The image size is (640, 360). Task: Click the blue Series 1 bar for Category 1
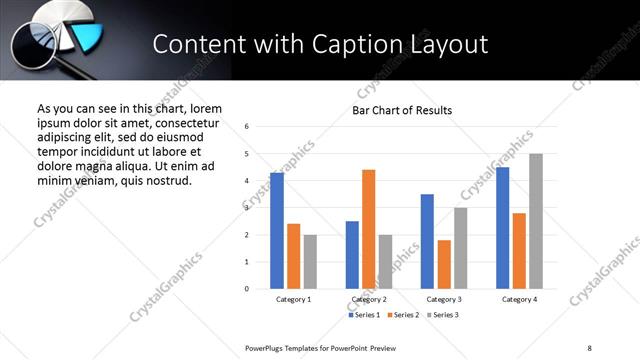click(277, 231)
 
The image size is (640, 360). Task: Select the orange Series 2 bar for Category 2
click(368, 229)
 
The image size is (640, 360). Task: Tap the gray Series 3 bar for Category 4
click(536, 221)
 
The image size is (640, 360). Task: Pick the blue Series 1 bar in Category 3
click(427, 241)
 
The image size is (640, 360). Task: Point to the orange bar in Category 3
click(444, 264)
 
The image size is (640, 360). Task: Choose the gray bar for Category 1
click(310, 262)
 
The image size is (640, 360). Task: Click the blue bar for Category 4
click(502, 228)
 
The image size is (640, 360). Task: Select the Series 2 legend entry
click(403, 315)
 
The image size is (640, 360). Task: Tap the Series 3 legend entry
click(441, 315)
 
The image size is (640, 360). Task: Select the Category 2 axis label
click(369, 299)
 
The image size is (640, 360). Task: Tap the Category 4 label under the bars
click(519, 299)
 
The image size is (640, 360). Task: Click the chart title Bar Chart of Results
click(402, 110)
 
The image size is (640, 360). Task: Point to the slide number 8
click(589, 347)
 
